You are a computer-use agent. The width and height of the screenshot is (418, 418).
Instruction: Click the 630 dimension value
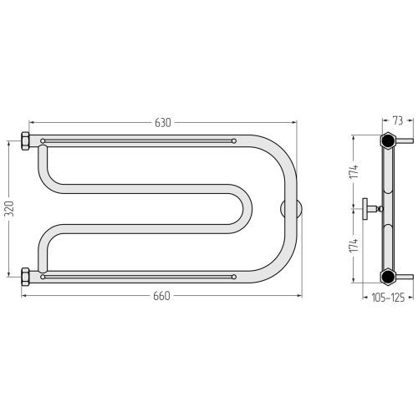[163, 123]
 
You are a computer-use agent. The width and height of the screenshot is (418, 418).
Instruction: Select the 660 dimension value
[161, 296]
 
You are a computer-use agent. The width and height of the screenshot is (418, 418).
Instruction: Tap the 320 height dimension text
[9, 209]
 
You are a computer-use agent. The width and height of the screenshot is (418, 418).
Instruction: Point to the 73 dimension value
[398, 121]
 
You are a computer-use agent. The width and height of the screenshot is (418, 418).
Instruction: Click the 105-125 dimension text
[388, 298]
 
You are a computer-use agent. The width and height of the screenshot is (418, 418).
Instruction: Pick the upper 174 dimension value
[354, 171]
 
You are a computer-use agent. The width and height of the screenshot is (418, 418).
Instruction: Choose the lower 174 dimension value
[354, 245]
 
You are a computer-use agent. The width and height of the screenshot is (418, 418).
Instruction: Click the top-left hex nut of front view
[25, 141]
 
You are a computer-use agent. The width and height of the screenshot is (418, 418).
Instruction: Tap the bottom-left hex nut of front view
[25, 277]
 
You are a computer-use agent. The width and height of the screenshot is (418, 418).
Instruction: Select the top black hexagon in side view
[388, 140]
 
